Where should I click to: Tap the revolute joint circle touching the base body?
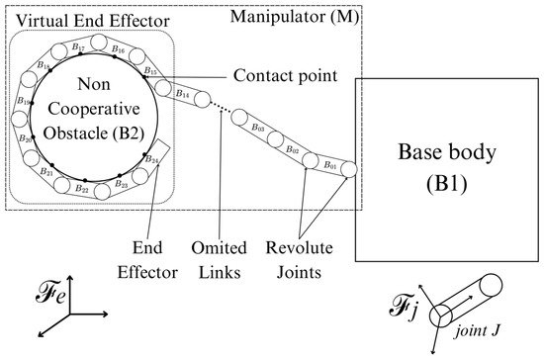(x=348, y=169)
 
